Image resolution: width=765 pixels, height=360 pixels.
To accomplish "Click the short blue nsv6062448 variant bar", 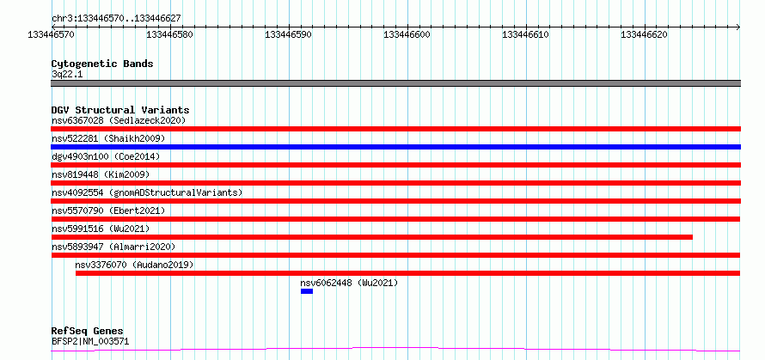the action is pos(307,291).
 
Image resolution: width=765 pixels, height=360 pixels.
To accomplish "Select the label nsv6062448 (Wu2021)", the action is pos(349,283).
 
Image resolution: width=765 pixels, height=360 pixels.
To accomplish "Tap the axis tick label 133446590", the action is pos(289,34).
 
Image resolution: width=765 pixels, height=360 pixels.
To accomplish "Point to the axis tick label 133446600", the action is pos(407,34).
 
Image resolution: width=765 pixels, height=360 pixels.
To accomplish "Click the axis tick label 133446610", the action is pos(526,34).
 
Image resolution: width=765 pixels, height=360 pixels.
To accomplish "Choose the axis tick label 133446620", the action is pos(645,34).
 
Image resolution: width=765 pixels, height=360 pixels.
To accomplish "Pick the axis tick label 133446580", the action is pos(170,34).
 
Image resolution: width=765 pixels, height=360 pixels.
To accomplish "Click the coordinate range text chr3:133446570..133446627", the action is pos(117,19).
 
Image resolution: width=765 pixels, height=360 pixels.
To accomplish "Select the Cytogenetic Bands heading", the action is pos(102,64).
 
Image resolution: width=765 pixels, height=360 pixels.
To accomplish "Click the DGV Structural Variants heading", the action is pos(120,110).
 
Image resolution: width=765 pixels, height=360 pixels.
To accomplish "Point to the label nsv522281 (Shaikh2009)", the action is pos(108,138).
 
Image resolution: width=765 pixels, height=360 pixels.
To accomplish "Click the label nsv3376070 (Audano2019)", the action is pos(134,265).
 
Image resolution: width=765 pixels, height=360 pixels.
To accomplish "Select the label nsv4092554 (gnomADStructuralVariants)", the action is pos(147,192).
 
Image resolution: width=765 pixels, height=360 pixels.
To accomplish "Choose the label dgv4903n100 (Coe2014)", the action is pos(106,156).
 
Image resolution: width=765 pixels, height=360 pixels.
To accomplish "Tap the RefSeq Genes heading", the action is pos(88,332).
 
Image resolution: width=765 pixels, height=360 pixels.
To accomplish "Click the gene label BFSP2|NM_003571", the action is pos(91,341).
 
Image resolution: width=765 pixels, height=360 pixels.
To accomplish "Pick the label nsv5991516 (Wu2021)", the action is pos(101,229).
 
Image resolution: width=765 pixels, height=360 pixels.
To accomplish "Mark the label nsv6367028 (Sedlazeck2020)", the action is pos(119,120).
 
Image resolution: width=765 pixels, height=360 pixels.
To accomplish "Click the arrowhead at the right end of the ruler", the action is pos(738,27).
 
